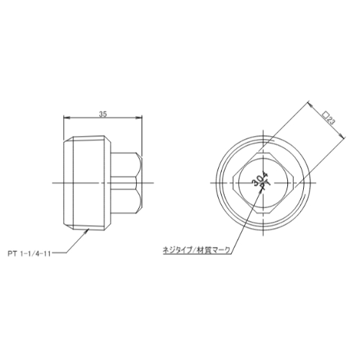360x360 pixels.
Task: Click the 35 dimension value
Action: click(103, 114)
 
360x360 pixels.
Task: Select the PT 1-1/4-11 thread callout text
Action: click(29, 254)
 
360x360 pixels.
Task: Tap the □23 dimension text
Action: click(328, 119)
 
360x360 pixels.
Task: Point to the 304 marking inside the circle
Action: click(257, 179)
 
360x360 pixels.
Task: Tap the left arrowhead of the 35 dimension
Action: click(66, 117)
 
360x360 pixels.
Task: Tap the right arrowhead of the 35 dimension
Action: click(139, 117)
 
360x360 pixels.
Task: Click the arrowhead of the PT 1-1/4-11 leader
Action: click(87, 231)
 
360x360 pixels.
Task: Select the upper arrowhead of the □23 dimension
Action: click(310, 104)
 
